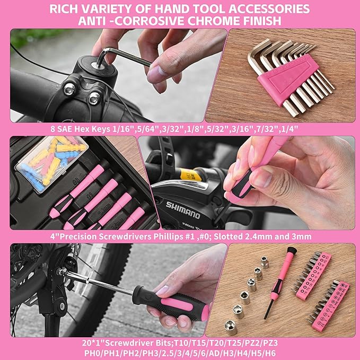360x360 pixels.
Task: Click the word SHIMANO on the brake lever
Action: (x=183, y=208)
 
